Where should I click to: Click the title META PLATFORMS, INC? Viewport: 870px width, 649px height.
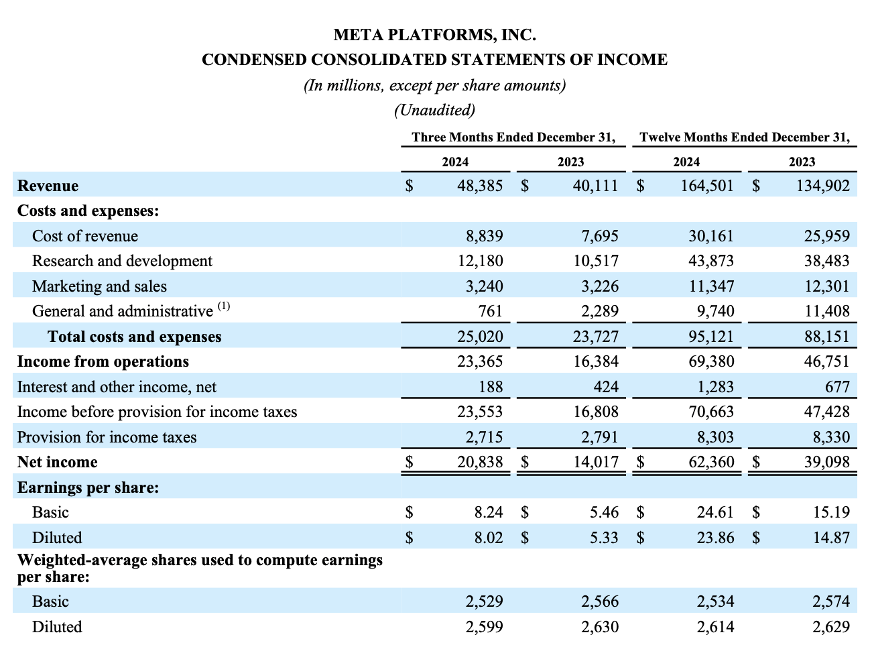pyautogui.click(x=434, y=34)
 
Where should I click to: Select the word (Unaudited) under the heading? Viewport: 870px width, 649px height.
pyautogui.click(x=434, y=109)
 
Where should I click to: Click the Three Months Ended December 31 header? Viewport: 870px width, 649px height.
pyautogui.click(x=513, y=137)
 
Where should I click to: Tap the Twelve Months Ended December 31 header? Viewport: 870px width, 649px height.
pyautogui.click(x=745, y=137)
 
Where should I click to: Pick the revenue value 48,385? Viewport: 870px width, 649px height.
pyautogui.click(x=480, y=186)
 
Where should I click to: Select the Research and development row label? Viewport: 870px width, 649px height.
pyautogui.click(x=122, y=261)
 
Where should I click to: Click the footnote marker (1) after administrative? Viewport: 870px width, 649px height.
pyautogui.click(x=224, y=306)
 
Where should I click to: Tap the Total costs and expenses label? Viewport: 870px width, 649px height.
pyautogui.click(x=134, y=337)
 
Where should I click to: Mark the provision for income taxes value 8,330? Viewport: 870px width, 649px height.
pyautogui.click(x=831, y=437)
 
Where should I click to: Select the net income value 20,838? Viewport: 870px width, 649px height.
pyautogui.click(x=480, y=462)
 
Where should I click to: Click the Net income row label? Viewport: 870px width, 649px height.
pyautogui.click(x=57, y=462)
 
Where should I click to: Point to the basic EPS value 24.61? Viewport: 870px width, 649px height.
pyautogui.click(x=715, y=512)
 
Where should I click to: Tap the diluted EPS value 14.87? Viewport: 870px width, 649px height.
pyautogui.click(x=831, y=538)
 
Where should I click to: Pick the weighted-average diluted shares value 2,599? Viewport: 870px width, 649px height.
pyautogui.click(x=485, y=627)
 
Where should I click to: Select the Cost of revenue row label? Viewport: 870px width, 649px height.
pyautogui.click(x=85, y=236)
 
